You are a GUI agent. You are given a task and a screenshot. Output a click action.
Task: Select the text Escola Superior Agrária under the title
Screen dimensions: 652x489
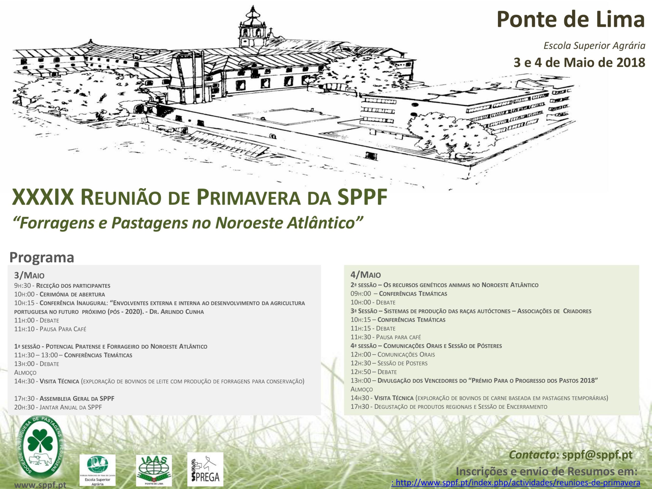click(x=594, y=45)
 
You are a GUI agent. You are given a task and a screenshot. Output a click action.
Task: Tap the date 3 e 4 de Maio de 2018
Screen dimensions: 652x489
click(x=579, y=62)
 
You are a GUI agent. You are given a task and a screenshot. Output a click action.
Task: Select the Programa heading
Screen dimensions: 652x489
click(x=42, y=257)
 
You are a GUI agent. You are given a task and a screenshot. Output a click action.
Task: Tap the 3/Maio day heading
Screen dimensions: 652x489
click(x=29, y=275)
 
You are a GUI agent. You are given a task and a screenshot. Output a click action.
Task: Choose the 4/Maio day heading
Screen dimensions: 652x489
click(x=365, y=275)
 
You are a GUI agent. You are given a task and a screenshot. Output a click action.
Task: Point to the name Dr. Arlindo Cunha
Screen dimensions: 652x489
click(x=176, y=312)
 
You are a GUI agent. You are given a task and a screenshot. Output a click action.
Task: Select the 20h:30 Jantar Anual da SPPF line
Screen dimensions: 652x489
click(x=58, y=407)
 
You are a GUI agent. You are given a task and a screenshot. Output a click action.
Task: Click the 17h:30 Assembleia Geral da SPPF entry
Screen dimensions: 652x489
click(x=64, y=399)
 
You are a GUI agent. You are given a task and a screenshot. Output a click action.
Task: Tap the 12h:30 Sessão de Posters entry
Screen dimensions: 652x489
click(x=389, y=363)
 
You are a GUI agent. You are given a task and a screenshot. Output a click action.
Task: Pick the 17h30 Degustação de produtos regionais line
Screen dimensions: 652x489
click(x=449, y=407)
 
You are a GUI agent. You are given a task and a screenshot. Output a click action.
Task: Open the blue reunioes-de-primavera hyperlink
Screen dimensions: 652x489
click(x=516, y=483)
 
